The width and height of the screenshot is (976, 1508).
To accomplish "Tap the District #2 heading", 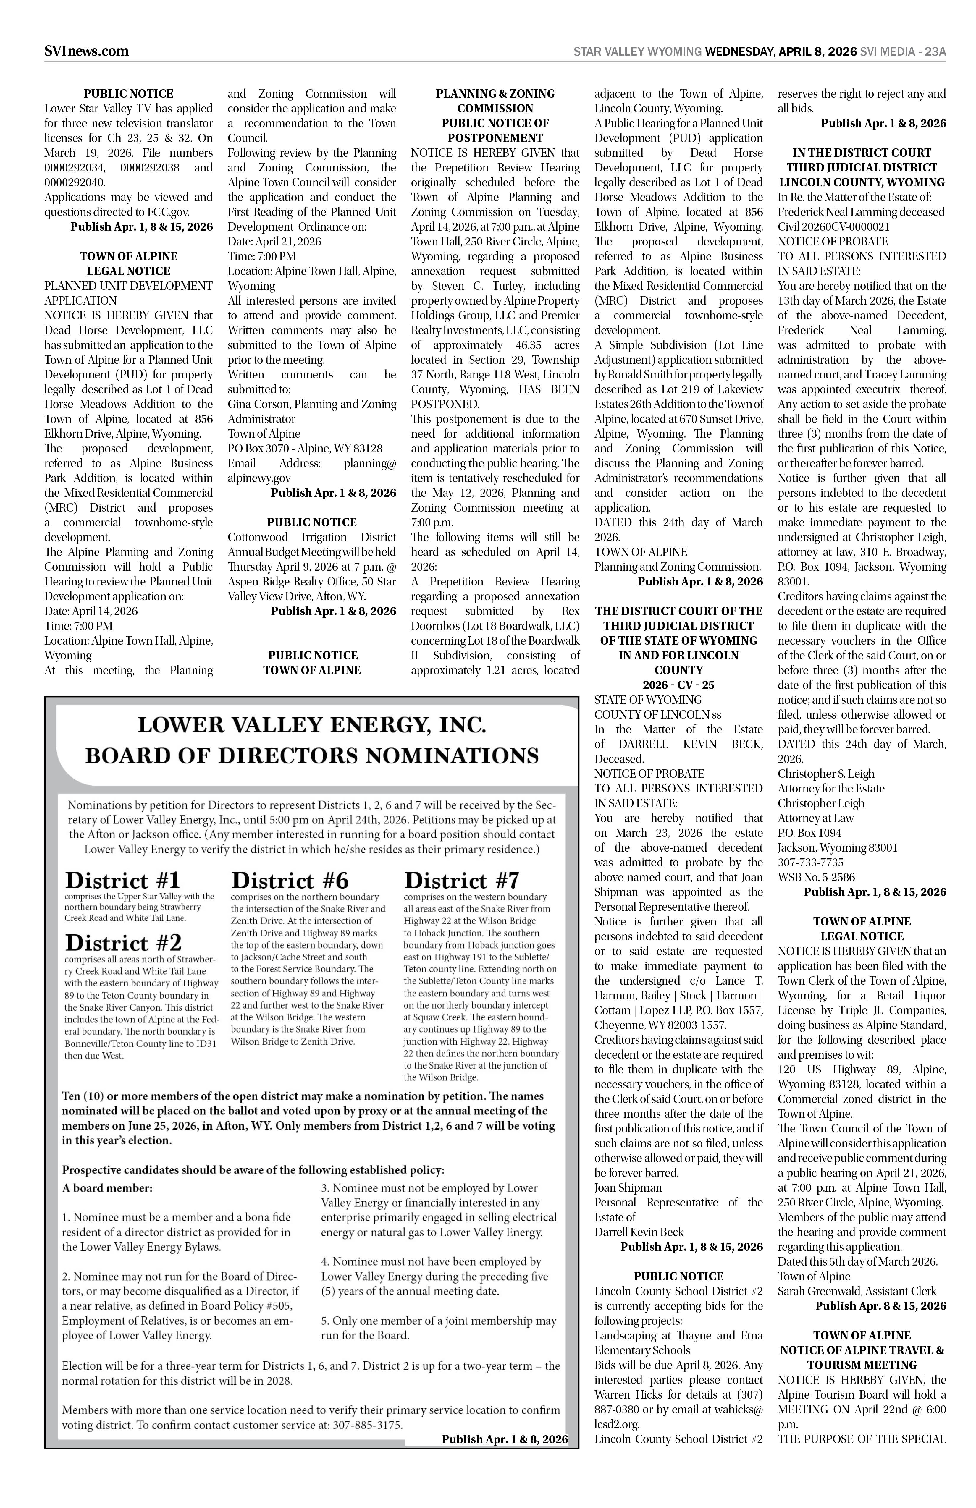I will pyautogui.click(x=124, y=943).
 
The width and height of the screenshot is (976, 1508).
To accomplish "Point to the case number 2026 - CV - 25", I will pyautogui.click(x=678, y=685).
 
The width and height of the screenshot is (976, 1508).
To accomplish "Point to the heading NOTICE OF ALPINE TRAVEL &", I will pyautogui.click(x=861, y=1350).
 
